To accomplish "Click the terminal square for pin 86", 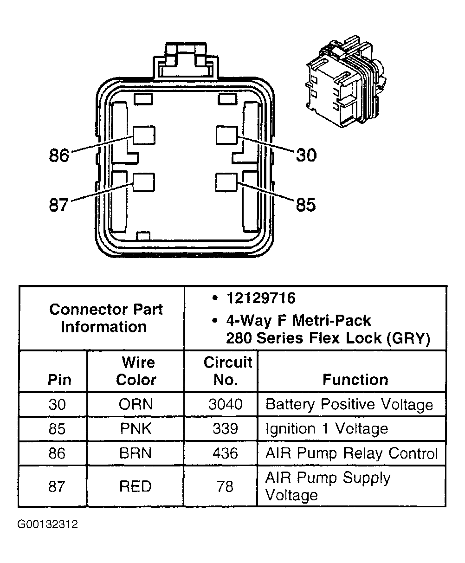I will [x=144, y=136].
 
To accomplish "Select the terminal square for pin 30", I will [x=227, y=136].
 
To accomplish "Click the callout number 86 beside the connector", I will [x=59, y=155].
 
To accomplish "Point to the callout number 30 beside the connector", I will [x=306, y=155].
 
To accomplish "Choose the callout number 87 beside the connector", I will [x=59, y=205].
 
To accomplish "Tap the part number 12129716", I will [x=260, y=298].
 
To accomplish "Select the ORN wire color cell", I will [x=136, y=404].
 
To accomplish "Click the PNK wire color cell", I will [x=136, y=428].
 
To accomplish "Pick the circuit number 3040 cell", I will [x=225, y=404].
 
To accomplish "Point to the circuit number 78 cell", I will [x=225, y=486].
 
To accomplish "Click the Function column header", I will [x=355, y=380].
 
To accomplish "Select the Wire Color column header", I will [x=136, y=371].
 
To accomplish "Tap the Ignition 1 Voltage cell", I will [x=326, y=428].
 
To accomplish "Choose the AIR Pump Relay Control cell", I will [x=351, y=453].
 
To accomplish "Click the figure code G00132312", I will [x=47, y=525].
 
